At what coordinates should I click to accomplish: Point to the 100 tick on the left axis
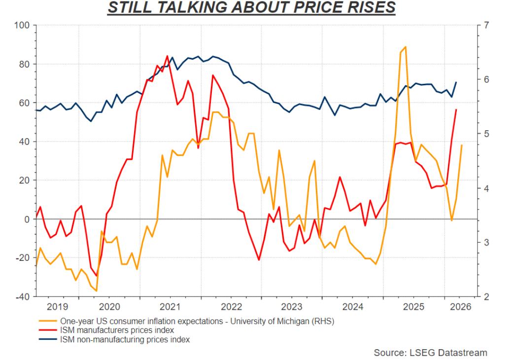[24, 25]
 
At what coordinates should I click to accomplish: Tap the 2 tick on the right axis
[485, 296]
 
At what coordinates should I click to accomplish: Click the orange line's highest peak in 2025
[405, 47]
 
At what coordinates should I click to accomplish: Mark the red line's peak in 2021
[167, 56]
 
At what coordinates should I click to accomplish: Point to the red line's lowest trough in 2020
[97, 276]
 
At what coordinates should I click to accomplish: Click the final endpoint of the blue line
[456, 82]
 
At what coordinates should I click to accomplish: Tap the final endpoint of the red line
[456, 109]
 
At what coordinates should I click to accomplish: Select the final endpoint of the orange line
[462, 145]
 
